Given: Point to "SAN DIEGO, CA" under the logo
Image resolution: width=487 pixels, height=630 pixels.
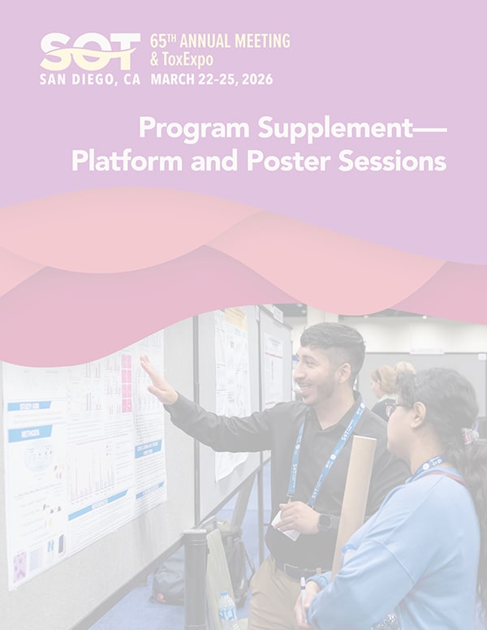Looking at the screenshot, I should click(90, 80).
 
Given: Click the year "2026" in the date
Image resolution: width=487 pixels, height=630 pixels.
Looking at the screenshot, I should click(254, 80).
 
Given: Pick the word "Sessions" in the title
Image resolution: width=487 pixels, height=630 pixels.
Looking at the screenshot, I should click(403, 161).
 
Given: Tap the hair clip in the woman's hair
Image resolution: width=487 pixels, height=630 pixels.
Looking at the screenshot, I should click(470, 436).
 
